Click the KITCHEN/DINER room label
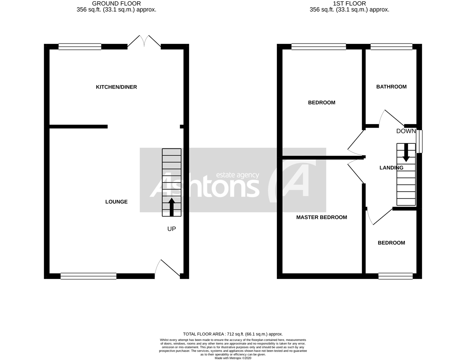pyautogui.click(x=116, y=87)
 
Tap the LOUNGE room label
pyautogui.click(x=116, y=202)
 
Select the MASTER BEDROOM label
pyautogui.click(x=321, y=217)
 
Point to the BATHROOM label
pyautogui.click(x=391, y=87)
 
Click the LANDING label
pyautogui.click(x=391, y=168)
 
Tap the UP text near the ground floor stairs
pyautogui.click(x=172, y=229)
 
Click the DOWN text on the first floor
pyautogui.click(x=406, y=131)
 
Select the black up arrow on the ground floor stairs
pyautogui.click(x=172, y=207)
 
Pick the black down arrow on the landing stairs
pyautogui.click(x=406, y=152)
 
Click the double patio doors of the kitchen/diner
pyautogui.click(x=144, y=41)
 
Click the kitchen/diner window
pyautogui.click(x=80, y=47)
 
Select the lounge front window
pyautogui.click(x=88, y=276)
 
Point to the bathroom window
pyautogui.click(x=391, y=47)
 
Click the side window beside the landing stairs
pyautogui.click(x=419, y=141)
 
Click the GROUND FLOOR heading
pyautogui.click(x=116, y=3)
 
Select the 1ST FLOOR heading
pyautogui.click(x=349, y=3)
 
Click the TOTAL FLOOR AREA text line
pyautogui.click(x=233, y=334)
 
